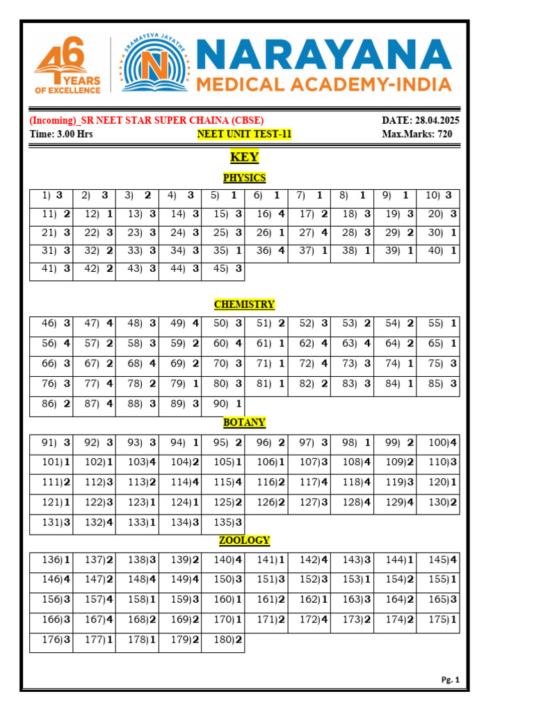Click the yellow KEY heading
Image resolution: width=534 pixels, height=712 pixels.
[x=244, y=157]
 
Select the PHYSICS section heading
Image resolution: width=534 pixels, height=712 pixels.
[x=244, y=178]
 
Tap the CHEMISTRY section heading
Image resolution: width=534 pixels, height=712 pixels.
[x=244, y=305]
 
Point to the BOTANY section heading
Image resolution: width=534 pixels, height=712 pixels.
[x=244, y=423]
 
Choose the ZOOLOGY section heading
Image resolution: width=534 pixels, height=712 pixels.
[x=244, y=540]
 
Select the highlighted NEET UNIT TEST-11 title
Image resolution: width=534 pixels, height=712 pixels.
[x=244, y=134]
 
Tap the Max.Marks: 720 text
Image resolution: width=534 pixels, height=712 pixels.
[x=417, y=134]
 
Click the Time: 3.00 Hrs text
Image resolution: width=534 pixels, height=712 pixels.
[x=61, y=134]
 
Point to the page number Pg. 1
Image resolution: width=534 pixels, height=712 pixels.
[x=451, y=680]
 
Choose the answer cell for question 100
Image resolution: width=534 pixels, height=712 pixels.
[x=438, y=443]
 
